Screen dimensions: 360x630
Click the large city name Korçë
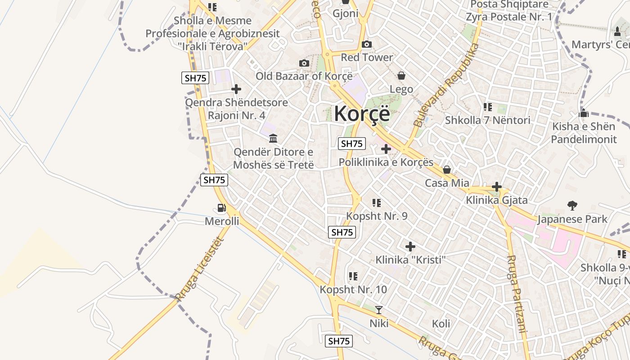(362, 113)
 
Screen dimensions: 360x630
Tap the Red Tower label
(367, 58)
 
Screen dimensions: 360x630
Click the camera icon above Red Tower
(367, 44)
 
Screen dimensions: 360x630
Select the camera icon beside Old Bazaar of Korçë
(304, 63)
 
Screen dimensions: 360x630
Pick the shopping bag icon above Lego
(401, 76)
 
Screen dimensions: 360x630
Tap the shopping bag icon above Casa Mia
(447, 170)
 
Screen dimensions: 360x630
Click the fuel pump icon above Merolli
(221, 208)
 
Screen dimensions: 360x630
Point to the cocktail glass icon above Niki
(379, 310)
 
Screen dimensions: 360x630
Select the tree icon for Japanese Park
(572, 206)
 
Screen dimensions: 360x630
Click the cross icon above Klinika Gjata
(497, 186)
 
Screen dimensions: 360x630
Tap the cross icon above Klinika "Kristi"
(410, 247)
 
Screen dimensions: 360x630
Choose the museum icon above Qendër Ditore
(273, 138)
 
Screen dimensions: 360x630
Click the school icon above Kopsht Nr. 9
(377, 203)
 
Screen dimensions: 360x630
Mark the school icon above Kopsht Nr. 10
(353, 276)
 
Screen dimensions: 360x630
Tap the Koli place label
(441, 324)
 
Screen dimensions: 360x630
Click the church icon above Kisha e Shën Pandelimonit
(584, 113)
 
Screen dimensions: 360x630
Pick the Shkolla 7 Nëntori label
(487, 120)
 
